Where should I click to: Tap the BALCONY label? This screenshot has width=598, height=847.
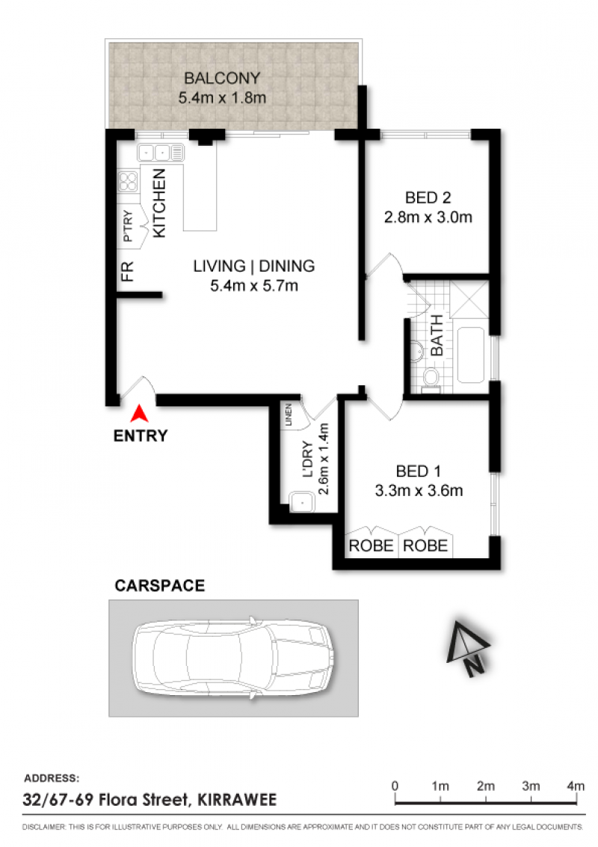pos(222,79)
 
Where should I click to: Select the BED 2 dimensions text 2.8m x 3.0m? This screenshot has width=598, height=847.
pos(428,217)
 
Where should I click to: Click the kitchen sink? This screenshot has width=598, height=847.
pos(161,153)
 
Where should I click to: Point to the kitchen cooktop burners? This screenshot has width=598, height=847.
pos(128,182)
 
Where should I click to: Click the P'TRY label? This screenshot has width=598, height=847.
pos(127,226)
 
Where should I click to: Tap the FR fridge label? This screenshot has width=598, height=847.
pos(127,271)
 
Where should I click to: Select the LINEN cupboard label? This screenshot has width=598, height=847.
pos(289,415)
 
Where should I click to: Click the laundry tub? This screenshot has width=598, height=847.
pos(302,502)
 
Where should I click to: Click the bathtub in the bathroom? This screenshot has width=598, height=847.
pos(471,355)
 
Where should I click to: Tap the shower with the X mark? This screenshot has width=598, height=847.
pos(469,299)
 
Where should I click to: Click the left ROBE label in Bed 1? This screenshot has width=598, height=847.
pos(371,545)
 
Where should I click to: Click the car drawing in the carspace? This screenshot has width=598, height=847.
pos(234,658)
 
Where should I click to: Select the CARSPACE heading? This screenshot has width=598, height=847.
pos(160,586)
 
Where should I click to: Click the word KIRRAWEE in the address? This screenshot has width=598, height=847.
pos(237,799)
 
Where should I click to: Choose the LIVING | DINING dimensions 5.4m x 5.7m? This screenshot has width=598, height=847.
pos(253,286)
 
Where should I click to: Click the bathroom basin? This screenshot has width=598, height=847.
pos(416,352)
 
